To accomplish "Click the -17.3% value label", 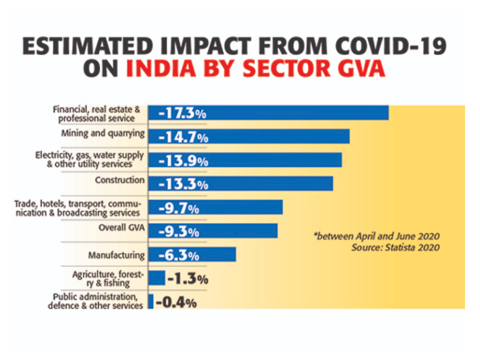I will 183,112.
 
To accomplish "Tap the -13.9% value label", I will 183,161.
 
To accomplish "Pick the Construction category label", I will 120,180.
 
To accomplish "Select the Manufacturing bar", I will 191,255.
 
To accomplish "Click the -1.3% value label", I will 187,279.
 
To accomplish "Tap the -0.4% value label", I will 176,303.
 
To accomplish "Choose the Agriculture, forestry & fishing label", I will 108,278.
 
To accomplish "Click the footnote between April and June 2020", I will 376,236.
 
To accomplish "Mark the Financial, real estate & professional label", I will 96,113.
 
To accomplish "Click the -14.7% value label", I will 183,137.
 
